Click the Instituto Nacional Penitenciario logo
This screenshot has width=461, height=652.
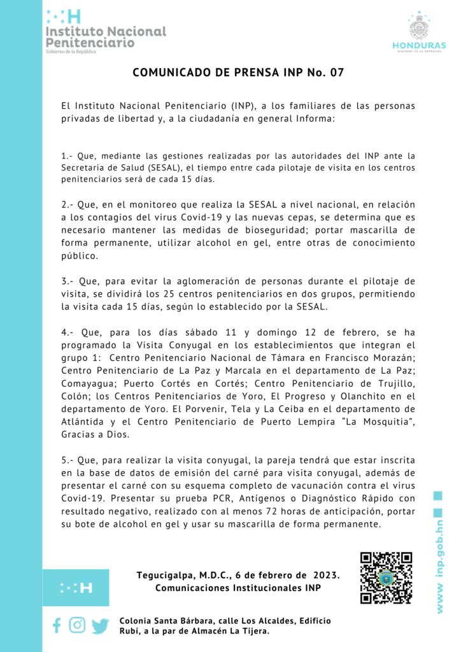pos(105,32)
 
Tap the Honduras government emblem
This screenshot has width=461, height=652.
pos(418,31)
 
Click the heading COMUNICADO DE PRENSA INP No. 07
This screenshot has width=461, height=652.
pos(238,73)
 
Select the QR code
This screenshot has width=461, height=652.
pos(386,577)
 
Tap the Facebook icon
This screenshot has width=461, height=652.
pos(57,625)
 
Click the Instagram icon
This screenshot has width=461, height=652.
pos(77,625)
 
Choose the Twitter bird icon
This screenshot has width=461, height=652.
pos(100,626)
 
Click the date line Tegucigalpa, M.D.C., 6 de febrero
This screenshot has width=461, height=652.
pos(238,575)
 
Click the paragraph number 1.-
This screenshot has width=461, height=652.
pos(68,155)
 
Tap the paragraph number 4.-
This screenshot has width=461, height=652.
pos(68,332)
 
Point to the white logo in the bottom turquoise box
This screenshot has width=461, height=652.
pos(76,587)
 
